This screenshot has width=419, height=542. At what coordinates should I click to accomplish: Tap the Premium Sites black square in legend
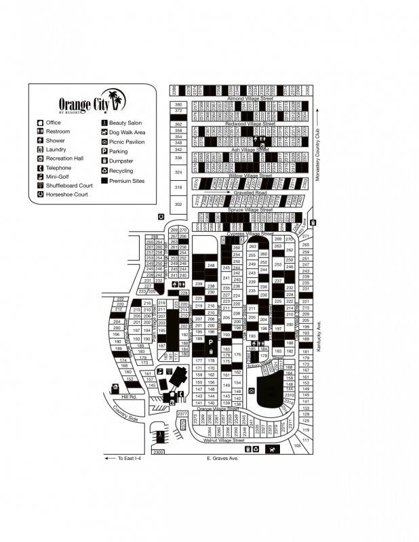pyautogui.click(x=104, y=181)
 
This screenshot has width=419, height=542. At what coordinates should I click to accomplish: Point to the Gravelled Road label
pyautogui.click(x=250, y=192)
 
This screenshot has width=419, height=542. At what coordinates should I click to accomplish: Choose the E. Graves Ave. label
pyautogui.click(x=223, y=459)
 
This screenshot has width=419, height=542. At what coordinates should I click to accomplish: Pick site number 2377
pyautogui.click(x=182, y=413)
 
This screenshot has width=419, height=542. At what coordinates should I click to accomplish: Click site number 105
pyautogui.click(x=297, y=445)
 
